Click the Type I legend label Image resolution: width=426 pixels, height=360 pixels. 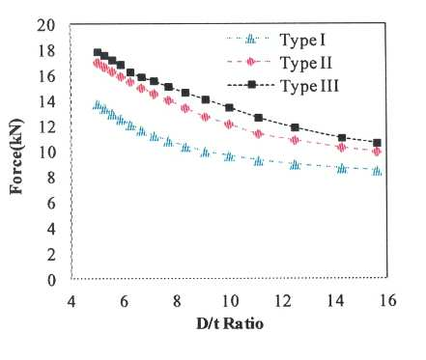pyautogui.click(x=302, y=41)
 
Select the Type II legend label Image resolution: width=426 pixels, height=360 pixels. pyautogui.click(x=305, y=63)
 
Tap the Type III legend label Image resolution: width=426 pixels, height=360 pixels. pyautogui.click(x=309, y=86)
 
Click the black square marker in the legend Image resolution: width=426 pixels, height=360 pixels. pyautogui.click(x=251, y=85)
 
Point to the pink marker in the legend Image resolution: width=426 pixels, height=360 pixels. pyautogui.click(x=250, y=62)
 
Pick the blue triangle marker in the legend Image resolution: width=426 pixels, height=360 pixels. pyautogui.click(x=250, y=40)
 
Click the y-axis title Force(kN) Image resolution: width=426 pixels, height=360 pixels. pyautogui.click(x=16, y=156)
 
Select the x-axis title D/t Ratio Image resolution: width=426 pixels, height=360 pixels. pyautogui.click(x=230, y=323)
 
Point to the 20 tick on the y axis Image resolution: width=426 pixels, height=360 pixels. pyautogui.click(x=46, y=25)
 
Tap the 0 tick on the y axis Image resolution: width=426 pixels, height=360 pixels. pyautogui.click(x=51, y=280)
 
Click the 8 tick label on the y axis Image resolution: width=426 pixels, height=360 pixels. pyautogui.click(x=51, y=178)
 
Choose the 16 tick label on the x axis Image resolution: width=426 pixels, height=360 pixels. pyautogui.click(x=386, y=300)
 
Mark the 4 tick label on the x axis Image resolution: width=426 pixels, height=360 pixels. pyautogui.click(x=71, y=301)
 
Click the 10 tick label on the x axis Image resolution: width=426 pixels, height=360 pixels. pyautogui.click(x=230, y=301)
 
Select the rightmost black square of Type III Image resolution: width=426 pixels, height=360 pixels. pyautogui.click(x=377, y=143)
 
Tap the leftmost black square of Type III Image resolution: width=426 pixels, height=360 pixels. pyautogui.click(x=98, y=52)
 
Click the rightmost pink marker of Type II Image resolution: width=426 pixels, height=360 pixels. pyautogui.click(x=377, y=152)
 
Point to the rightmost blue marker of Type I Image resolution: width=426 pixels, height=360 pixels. pyautogui.click(x=377, y=171)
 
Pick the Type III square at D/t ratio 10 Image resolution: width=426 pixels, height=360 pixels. pyautogui.click(x=229, y=107)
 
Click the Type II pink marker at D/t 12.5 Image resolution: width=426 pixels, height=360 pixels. pyautogui.click(x=295, y=140)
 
